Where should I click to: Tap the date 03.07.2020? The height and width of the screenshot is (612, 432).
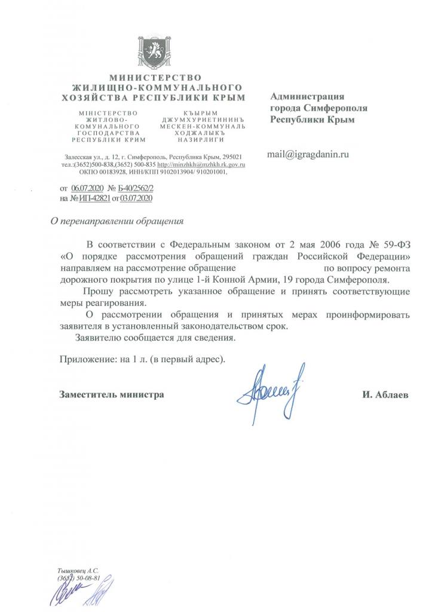tap(137, 198)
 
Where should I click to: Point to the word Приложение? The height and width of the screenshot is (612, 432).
tap(87, 360)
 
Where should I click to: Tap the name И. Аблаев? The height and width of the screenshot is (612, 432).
tap(385, 395)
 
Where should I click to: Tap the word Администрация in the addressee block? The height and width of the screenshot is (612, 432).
tap(308, 97)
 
